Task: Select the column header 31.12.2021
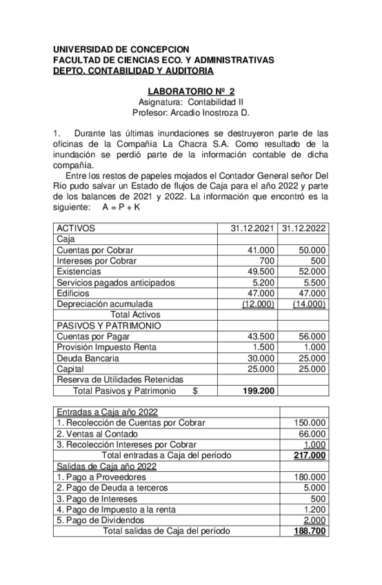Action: (x=252, y=228)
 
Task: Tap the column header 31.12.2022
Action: (x=304, y=228)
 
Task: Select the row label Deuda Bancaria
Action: (x=88, y=358)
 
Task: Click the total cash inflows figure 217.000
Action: (x=310, y=456)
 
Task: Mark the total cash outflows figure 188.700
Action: (x=310, y=531)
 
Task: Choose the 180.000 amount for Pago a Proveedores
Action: (x=310, y=477)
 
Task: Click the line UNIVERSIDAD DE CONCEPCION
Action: (x=121, y=50)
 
